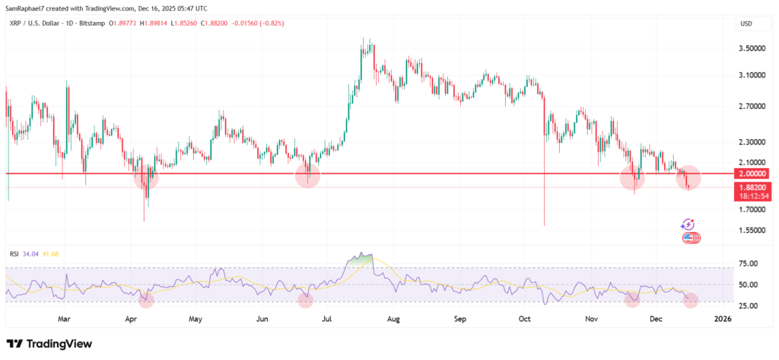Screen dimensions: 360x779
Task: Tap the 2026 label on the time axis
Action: [722, 319]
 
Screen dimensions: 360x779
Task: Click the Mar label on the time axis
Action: [65, 319]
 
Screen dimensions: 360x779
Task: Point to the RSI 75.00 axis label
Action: [749, 263]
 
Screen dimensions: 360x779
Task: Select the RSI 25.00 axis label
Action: [749, 306]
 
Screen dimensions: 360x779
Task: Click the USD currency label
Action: [746, 24]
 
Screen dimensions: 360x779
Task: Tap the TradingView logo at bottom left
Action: [49, 344]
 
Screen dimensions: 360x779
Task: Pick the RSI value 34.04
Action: [31, 253]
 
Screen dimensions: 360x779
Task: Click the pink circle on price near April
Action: [146, 177]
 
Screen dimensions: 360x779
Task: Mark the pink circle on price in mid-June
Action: [307, 176]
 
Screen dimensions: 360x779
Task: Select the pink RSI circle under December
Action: [691, 301]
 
